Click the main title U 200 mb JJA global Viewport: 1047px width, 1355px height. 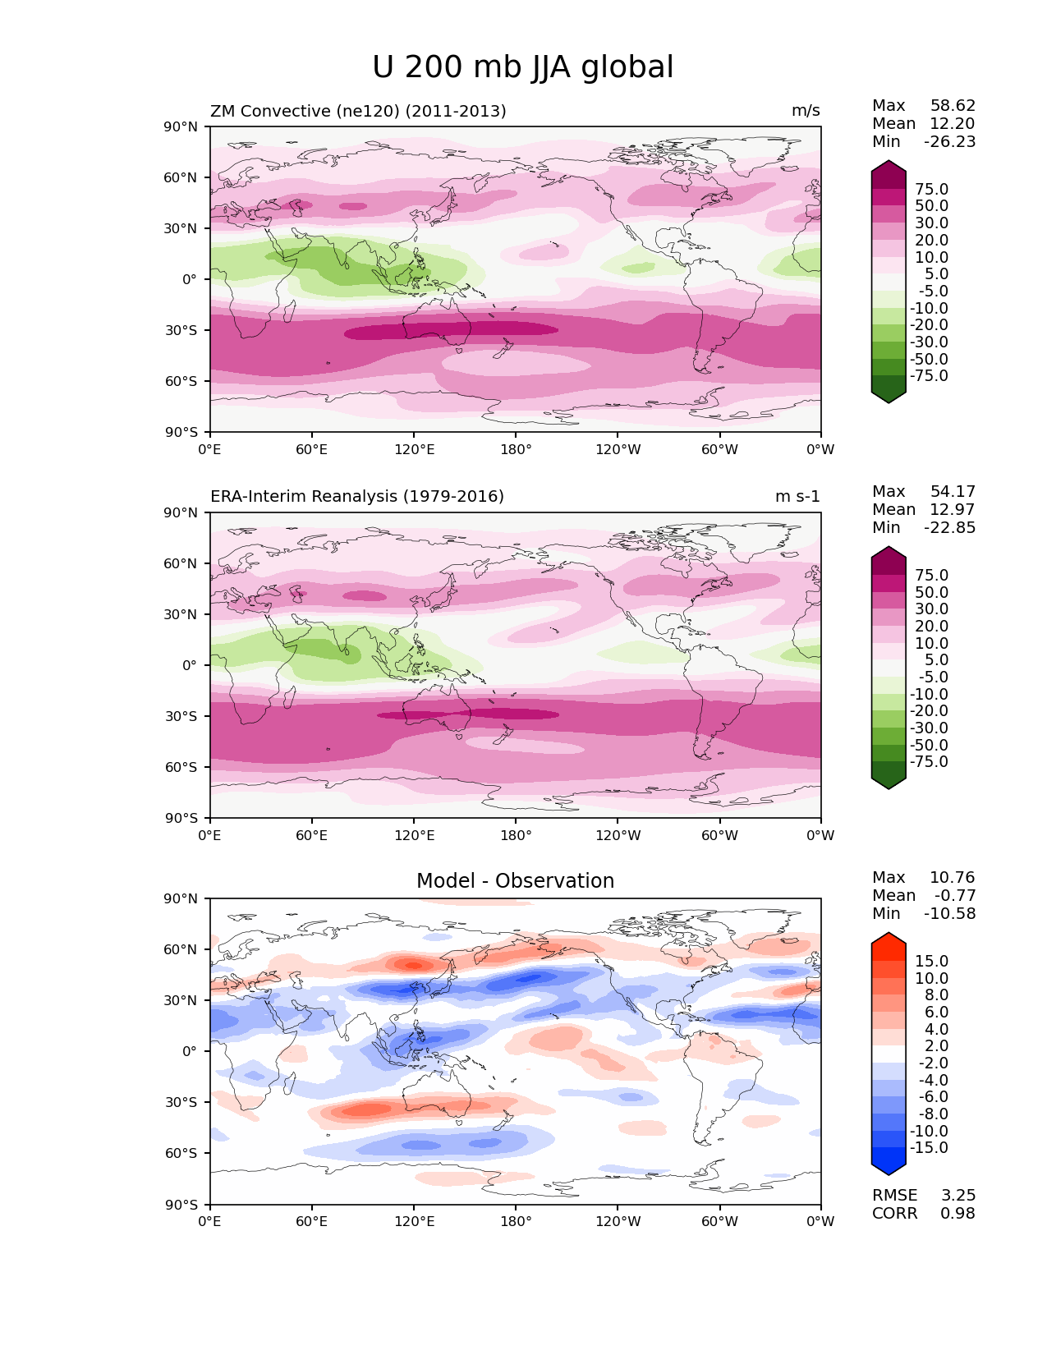[523, 67]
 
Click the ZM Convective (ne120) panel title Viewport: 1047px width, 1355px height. [358, 111]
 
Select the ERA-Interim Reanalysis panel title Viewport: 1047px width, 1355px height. [357, 497]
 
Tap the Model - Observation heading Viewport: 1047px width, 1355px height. [515, 881]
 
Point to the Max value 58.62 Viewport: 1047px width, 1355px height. [953, 106]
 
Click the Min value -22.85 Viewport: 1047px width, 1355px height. [949, 528]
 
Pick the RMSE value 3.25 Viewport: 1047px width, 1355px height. [958, 1196]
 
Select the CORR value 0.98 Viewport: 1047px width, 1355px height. [958, 1214]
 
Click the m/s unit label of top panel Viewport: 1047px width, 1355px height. [806, 111]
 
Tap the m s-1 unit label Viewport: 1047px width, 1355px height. [797, 497]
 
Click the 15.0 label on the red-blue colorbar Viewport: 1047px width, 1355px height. [931, 962]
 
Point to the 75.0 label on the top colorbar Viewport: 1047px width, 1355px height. [931, 190]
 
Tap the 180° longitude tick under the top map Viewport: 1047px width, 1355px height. [516, 450]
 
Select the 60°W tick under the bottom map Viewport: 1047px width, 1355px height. [719, 1222]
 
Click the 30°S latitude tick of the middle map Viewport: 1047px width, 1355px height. [181, 717]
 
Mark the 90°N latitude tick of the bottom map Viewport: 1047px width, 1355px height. [181, 899]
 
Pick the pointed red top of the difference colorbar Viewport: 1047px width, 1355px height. [889, 938]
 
